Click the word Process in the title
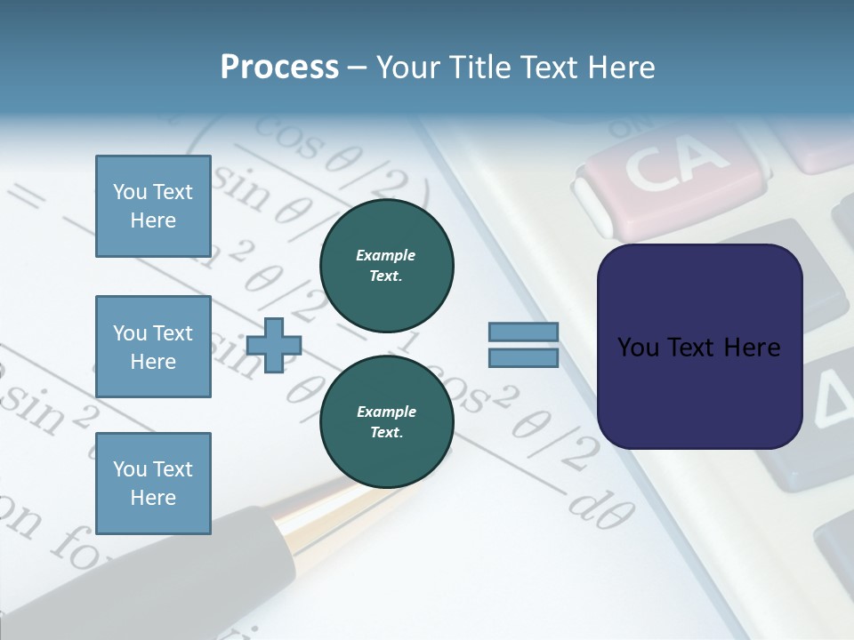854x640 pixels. pyautogui.click(x=279, y=68)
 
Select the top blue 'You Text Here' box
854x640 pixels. pyautogui.click(x=153, y=206)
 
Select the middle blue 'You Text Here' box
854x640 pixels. pyautogui.click(x=153, y=347)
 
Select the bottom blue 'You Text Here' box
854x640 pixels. pyautogui.click(x=153, y=483)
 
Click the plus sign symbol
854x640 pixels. pyautogui.click(x=274, y=345)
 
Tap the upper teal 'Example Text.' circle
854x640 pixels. pyautogui.click(x=386, y=266)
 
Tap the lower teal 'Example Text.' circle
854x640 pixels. pyautogui.click(x=386, y=422)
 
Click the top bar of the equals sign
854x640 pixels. pyautogui.click(x=523, y=332)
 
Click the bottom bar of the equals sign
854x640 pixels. pyautogui.click(x=523, y=358)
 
